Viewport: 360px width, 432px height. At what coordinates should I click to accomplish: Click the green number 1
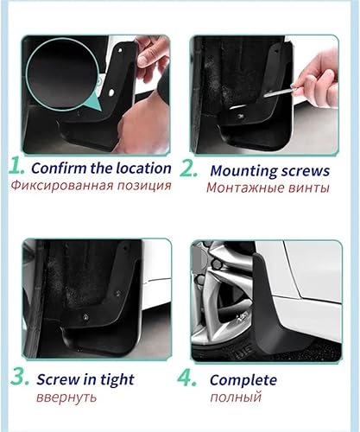click(16, 167)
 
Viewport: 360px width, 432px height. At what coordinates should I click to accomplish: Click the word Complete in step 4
click(243, 379)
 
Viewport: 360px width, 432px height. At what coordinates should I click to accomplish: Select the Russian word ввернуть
click(66, 397)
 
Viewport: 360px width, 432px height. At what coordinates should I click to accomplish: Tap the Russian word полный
click(235, 397)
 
